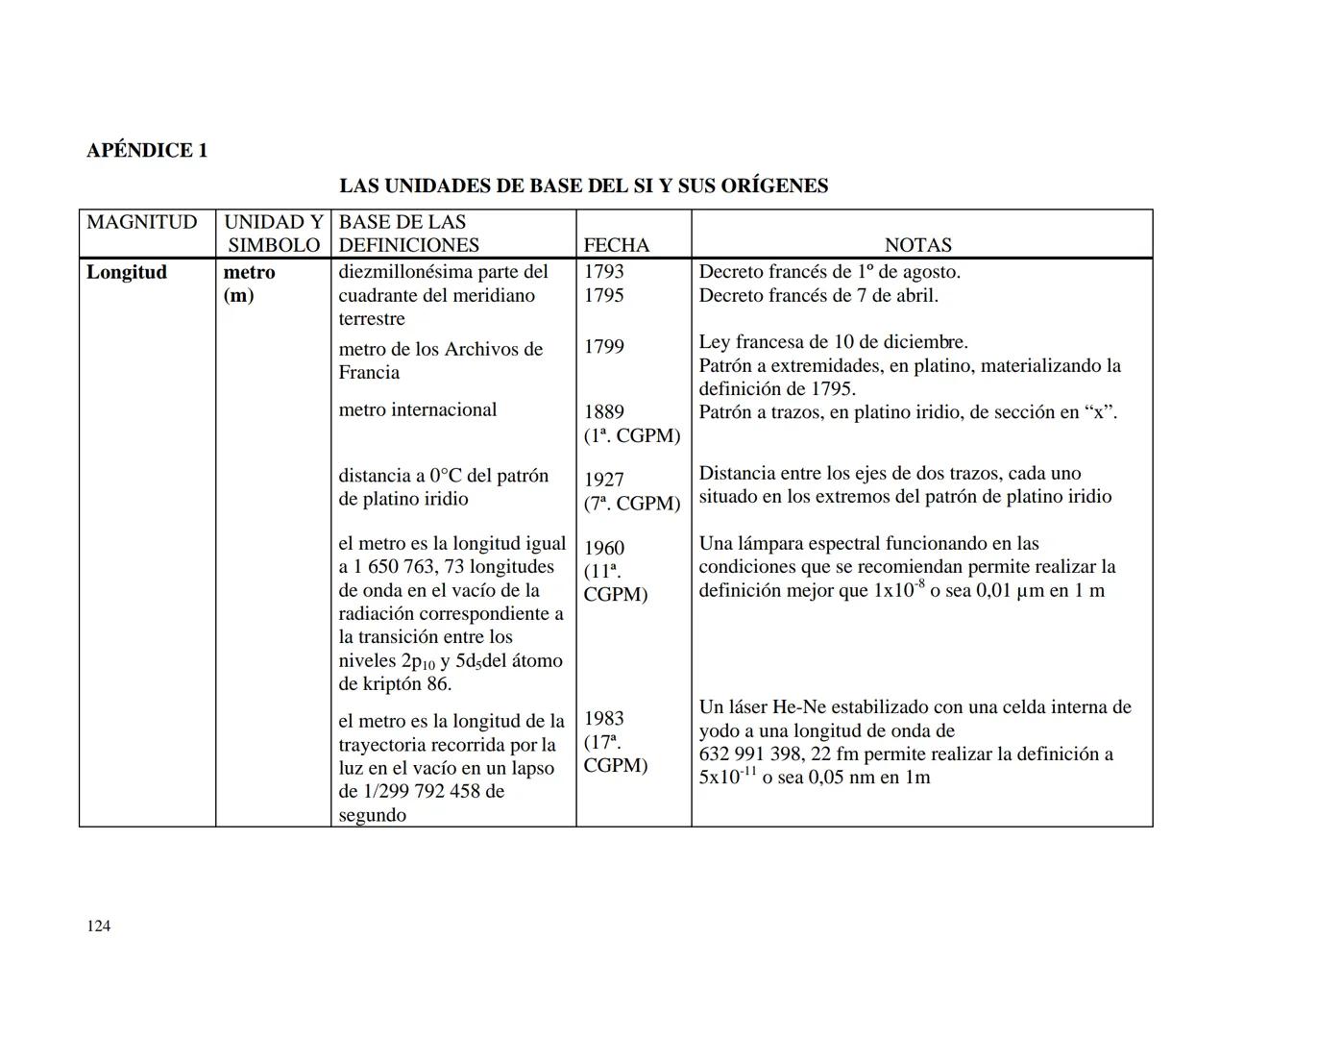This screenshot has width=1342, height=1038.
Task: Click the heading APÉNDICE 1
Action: coord(147,150)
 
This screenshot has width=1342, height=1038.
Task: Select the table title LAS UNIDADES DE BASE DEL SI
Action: coord(583,185)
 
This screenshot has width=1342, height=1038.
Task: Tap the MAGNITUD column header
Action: coord(142,222)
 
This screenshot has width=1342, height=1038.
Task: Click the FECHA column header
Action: coord(616,245)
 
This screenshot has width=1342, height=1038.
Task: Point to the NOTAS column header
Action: coord(917,245)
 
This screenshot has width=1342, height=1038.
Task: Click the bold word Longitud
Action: coord(127,272)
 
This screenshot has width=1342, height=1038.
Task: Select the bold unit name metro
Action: coord(249,272)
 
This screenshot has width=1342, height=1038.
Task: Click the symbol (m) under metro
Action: coord(238,295)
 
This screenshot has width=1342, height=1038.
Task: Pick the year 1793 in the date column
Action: coord(603,272)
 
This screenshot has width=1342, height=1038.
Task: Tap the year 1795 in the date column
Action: coord(603,295)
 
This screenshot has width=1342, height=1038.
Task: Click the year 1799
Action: coord(603,346)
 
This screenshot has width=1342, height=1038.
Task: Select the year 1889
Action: coord(603,412)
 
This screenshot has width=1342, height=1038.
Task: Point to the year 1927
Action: coord(603,480)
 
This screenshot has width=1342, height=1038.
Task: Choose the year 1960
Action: coord(603,548)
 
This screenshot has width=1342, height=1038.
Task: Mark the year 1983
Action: coord(603,719)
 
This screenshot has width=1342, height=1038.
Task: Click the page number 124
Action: coord(98,926)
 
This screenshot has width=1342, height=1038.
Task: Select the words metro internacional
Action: coord(417,409)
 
